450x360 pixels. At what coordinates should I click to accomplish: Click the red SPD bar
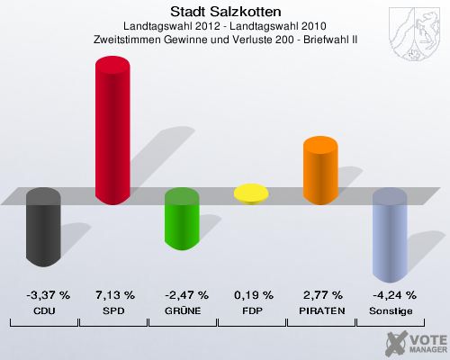pos(112,130)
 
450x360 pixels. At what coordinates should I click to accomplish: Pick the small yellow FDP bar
pos(251,193)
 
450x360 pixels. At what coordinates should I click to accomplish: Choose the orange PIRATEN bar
pos(320,170)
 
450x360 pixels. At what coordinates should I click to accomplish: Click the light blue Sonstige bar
pos(390,236)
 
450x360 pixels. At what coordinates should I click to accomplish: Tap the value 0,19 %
pos(251,295)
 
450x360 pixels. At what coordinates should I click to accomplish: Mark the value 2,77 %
pos(320,295)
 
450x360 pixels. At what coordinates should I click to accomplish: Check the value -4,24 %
pos(390,295)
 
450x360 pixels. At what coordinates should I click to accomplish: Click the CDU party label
pos(43,310)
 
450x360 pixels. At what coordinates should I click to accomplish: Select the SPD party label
pos(112,310)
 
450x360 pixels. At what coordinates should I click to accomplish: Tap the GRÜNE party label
pos(182,310)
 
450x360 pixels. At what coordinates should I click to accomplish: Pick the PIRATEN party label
pos(320,310)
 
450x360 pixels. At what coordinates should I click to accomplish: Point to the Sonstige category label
pos(390,310)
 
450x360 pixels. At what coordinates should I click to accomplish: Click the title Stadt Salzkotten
pos(225,12)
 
